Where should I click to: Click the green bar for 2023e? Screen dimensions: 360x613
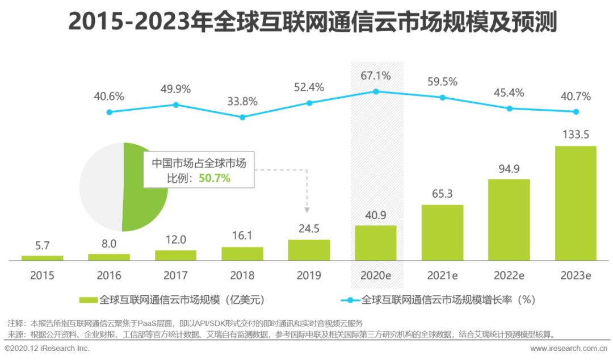(576, 203)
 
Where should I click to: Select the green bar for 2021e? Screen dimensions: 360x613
(442, 232)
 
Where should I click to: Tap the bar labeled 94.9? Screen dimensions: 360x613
(509, 220)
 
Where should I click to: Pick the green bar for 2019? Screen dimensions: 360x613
(309, 250)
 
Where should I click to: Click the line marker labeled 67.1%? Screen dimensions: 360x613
(375, 91)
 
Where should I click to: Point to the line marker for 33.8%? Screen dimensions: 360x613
(242, 117)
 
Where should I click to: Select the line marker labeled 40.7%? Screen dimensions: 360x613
(576, 111)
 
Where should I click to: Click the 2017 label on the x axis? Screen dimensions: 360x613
(175, 276)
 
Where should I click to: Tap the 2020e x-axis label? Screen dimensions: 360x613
(376, 276)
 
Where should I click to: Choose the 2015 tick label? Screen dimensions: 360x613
(42, 276)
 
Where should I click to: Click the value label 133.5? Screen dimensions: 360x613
(576, 135)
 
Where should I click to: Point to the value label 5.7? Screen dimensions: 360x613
(43, 246)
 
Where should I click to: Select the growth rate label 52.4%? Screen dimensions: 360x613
(309, 87)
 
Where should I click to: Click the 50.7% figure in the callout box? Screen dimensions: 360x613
(215, 178)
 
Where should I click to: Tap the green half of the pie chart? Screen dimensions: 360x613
(145, 187)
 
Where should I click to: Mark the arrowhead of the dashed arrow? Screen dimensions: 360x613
(306, 210)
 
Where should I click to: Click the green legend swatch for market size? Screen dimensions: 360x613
(88, 299)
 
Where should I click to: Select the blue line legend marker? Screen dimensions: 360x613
(349, 299)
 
